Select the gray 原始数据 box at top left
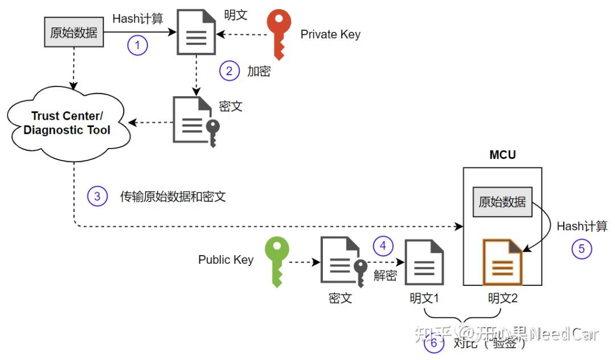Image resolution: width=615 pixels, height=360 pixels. tap(73, 32)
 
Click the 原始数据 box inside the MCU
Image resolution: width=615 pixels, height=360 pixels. tap(502, 202)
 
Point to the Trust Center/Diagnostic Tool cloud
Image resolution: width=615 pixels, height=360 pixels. tap(67, 122)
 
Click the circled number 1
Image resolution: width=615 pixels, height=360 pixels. tap(137, 45)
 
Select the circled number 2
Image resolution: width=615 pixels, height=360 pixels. tap(229, 71)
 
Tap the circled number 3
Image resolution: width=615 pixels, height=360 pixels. tap(97, 196)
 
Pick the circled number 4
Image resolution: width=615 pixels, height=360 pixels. tap(383, 246)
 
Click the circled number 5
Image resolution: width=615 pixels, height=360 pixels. tap(582, 249)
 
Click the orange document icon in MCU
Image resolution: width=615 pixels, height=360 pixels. tap(502, 262)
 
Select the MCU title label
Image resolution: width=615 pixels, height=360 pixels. tap(502, 155)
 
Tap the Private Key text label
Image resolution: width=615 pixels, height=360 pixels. tap(330, 34)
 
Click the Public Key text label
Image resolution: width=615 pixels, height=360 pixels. tap(225, 260)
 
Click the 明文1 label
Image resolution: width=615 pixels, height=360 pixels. tap(424, 298)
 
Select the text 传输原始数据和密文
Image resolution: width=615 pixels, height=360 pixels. tap(173, 197)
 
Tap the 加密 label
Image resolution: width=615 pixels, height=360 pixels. tap(259, 71)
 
